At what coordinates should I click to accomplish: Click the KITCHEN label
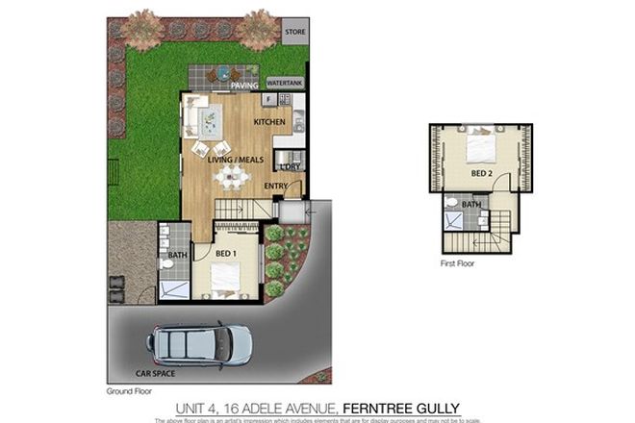tap(268, 123)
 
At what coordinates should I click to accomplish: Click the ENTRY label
tap(276, 187)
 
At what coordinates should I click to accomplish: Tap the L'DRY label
tap(291, 166)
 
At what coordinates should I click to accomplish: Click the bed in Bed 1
tap(224, 278)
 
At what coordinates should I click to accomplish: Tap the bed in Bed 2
tap(479, 149)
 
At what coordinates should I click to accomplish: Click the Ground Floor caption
tap(128, 392)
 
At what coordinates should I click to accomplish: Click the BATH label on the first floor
tap(470, 204)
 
